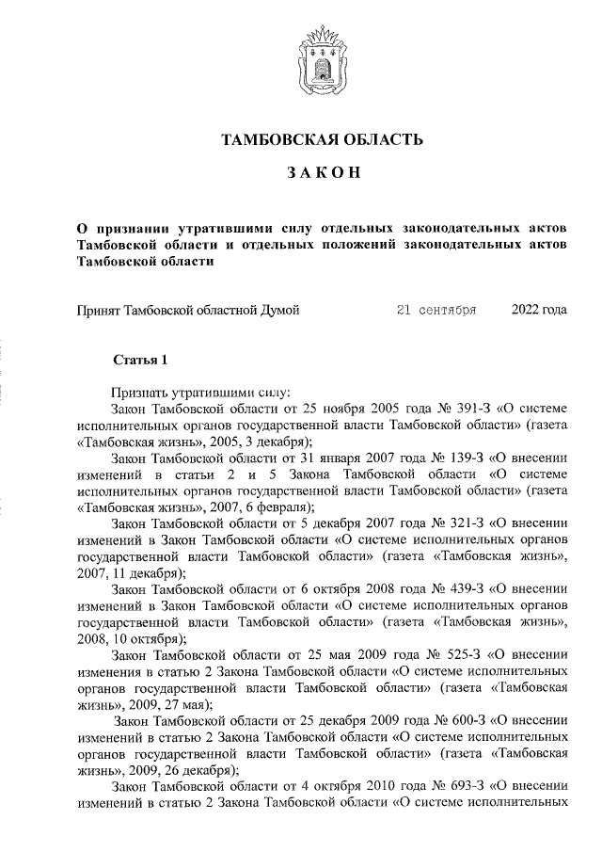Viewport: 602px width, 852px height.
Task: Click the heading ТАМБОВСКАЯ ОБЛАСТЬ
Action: pyautogui.click(x=322, y=140)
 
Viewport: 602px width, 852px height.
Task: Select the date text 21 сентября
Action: pyautogui.click(x=436, y=309)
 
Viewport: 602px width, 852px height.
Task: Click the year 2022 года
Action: pyautogui.click(x=540, y=309)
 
